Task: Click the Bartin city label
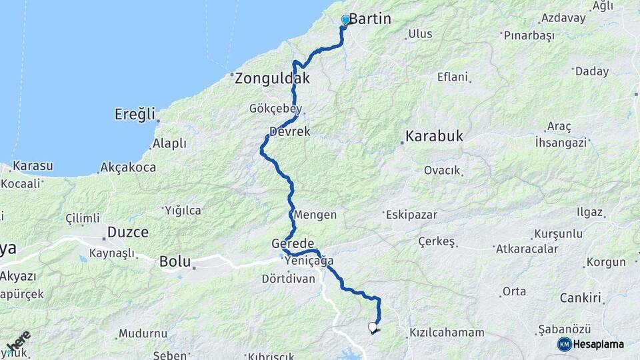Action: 370,19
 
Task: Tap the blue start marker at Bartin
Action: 345,20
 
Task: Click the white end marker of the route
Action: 372,327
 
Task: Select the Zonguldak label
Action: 272,78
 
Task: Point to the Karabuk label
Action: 434,137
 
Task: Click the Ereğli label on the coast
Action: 135,113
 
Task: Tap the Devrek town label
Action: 290,132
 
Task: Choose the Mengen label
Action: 315,215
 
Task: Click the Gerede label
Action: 293,243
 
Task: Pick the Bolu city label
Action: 175,262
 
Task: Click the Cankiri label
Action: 580,297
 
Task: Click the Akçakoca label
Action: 128,167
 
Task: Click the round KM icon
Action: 564,344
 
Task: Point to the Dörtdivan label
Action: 288,279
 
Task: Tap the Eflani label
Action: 453,77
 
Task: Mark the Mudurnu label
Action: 143,333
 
